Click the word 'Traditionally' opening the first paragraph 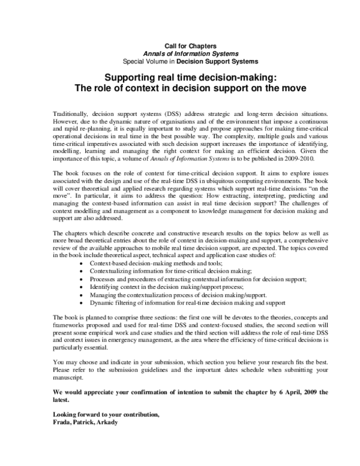coord(70,113)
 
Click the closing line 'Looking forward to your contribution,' coord(106,414)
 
